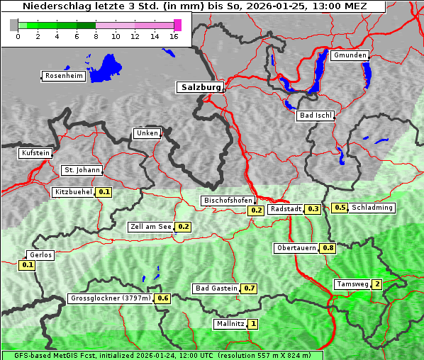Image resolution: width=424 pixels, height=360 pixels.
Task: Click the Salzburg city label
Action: (x=200, y=87)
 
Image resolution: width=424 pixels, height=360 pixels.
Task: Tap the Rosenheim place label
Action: (x=62, y=76)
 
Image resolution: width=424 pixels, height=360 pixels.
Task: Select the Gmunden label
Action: (x=350, y=55)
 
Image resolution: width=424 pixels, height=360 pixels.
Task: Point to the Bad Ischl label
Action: (x=315, y=116)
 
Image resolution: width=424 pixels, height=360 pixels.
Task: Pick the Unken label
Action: (x=147, y=133)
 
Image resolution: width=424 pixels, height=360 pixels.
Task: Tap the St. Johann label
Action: (x=82, y=170)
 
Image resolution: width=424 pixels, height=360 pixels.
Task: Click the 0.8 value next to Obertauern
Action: (x=328, y=248)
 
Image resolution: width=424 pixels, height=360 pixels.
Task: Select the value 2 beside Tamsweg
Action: (x=377, y=284)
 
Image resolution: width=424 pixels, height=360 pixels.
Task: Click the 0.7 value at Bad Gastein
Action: (x=250, y=288)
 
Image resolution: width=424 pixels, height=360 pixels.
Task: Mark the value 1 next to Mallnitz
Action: (x=253, y=324)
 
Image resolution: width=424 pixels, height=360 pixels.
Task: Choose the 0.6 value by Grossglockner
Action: (x=163, y=298)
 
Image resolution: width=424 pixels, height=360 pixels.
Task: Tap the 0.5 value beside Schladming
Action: (x=340, y=208)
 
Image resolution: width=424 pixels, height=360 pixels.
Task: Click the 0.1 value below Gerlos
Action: (x=27, y=265)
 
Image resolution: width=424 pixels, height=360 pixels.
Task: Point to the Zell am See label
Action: (x=151, y=227)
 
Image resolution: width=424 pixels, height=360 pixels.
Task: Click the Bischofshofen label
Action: (x=228, y=201)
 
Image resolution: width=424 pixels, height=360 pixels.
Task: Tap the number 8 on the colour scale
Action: (x=96, y=36)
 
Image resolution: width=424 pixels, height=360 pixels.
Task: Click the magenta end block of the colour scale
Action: (x=177, y=25)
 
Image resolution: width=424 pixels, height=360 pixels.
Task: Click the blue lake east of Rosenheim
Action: (x=106, y=66)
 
